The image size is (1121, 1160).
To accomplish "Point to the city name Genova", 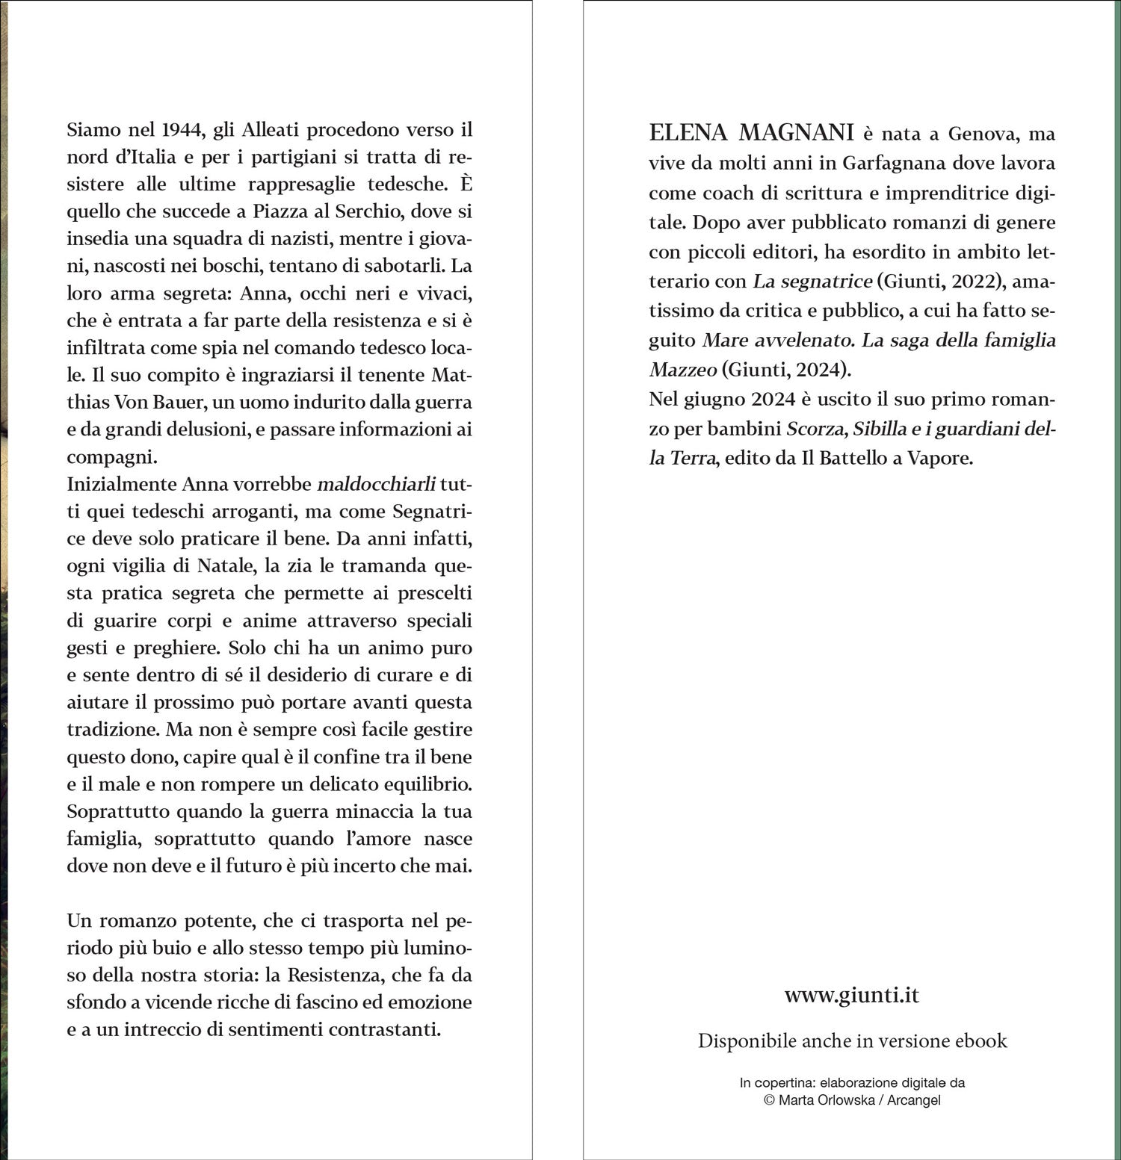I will (x=981, y=134).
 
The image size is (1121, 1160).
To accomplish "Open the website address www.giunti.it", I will (x=851, y=996).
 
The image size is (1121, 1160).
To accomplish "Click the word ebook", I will (x=980, y=1041).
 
